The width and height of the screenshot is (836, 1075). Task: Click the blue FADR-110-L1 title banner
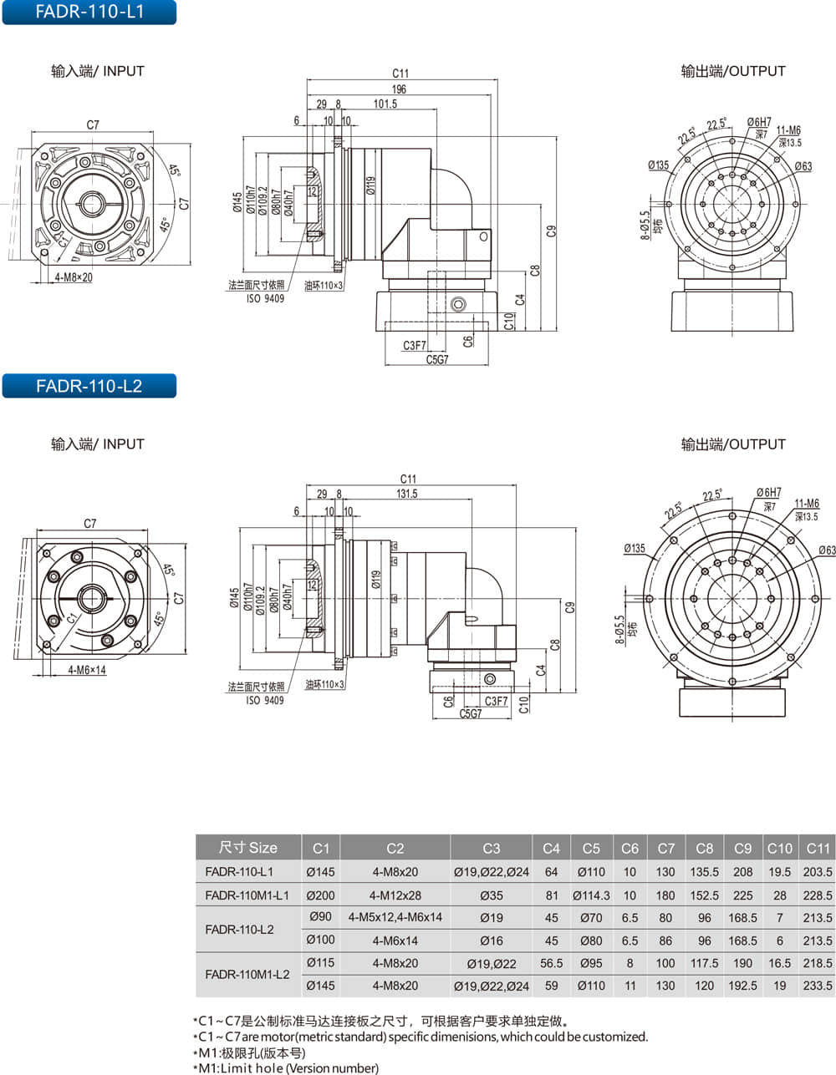[x=89, y=12]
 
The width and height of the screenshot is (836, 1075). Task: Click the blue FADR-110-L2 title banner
[x=89, y=385]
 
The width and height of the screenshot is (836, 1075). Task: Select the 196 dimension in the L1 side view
[x=399, y=89]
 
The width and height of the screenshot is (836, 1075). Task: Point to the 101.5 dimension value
[x=385, y=104]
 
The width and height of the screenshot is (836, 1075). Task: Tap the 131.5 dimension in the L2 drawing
[x=407, y=493]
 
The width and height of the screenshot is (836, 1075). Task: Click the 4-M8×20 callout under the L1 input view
[x=74, y=277]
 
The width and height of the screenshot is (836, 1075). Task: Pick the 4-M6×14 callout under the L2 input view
[x=87, y=670]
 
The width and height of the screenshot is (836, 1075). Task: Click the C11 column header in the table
[x=818, y=848]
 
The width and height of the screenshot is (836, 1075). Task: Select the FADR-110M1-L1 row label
[x=247, y=895]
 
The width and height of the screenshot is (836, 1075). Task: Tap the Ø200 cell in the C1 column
[x=320, y=895]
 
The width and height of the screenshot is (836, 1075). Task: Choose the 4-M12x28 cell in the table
[x=395, y=895]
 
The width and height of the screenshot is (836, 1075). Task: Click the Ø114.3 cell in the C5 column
[x=591, y=895]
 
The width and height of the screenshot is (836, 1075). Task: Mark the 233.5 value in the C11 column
[x=818, y=986]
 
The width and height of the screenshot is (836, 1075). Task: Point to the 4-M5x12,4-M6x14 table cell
[x=395, y=917]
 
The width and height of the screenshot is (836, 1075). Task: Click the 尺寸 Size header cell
[x=248, y=848]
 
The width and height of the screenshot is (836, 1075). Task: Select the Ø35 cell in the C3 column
[x=491, y=895]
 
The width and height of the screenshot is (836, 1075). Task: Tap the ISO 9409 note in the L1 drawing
[x=265, y=298]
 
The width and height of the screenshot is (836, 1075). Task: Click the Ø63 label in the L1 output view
[x=803, y=166]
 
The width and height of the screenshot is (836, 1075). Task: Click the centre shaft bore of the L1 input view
[x=92, y=203]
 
